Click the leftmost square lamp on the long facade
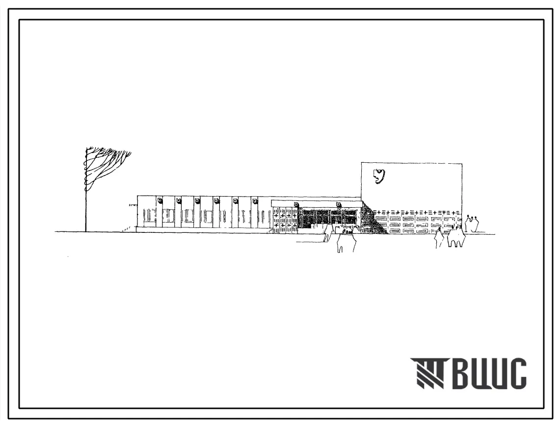click(x=160, y=200)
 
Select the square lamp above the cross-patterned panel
click(x=296, y=204)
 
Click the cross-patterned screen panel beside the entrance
click(x=285, y=220)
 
